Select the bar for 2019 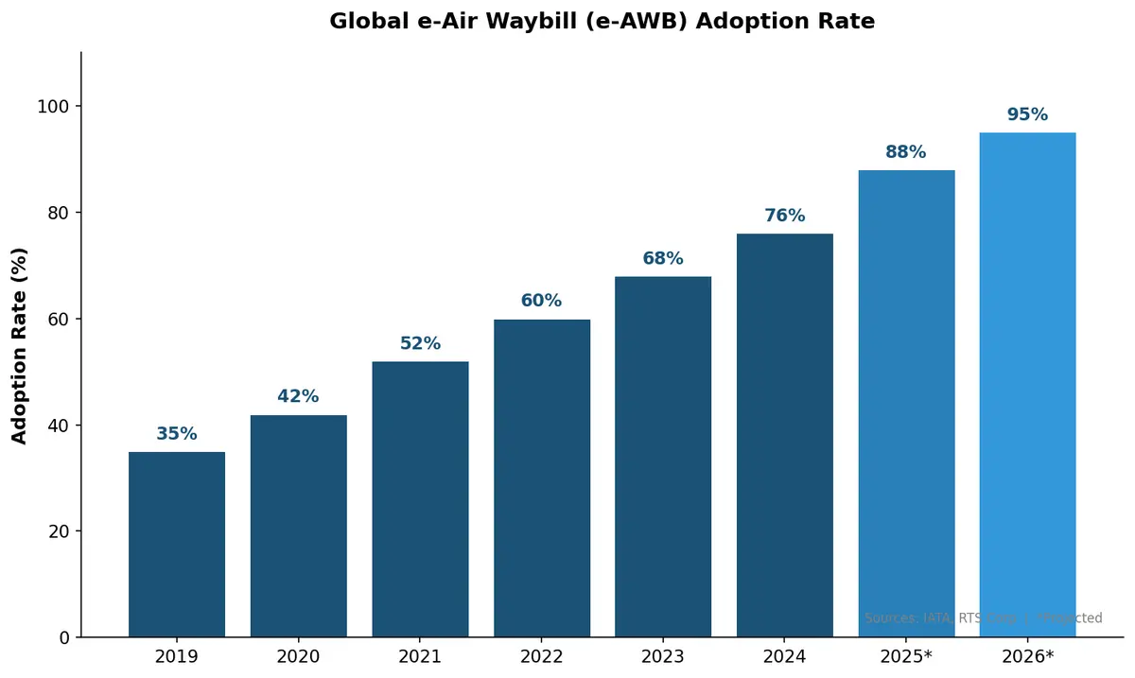pos(177,545)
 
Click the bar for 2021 pos(420,499)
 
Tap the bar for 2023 pos(663,457)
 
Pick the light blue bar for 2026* pos(1027,385)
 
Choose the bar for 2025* pos(906,404)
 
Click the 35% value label pos(177,434)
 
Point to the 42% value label pos(298,397)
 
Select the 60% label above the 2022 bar pos(541,301)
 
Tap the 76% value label pos(784,216)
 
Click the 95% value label pos(1027,114)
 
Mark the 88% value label pos(906,152)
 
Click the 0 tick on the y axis pos(64,637)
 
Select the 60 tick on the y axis pos(59,320)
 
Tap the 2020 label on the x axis pos(298,656)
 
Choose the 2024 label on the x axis pos(784,656)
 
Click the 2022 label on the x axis pos(541,656)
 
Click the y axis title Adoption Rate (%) pos(20,345)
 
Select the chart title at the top pos(602,22)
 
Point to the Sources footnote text pos(983,618)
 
